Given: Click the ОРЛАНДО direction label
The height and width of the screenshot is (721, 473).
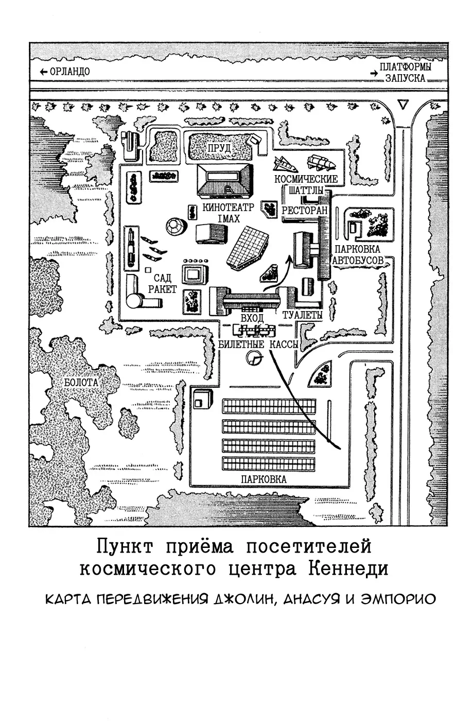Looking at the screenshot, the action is tap(70, 72).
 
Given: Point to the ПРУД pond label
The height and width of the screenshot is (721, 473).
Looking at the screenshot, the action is tap(219, 148).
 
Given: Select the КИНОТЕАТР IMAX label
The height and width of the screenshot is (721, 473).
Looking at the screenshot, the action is tap(228, 213).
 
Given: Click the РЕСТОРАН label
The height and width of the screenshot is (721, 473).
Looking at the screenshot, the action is tap(304, 211).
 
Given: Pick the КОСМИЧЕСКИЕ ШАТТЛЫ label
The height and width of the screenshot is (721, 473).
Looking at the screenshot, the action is tap(306, 184).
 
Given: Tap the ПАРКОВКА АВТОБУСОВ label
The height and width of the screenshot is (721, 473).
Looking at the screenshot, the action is tap(358, 254).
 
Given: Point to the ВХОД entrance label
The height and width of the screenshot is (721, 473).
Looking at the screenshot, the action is tap(252, 318).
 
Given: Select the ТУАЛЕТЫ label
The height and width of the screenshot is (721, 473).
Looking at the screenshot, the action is tap(302, 315).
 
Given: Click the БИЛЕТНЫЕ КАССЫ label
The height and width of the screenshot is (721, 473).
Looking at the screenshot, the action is tap(258, 344).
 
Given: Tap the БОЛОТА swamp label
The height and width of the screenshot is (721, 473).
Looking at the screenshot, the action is tap(81, 383).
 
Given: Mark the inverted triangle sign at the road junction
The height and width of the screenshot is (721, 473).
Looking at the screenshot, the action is tap(403, 104).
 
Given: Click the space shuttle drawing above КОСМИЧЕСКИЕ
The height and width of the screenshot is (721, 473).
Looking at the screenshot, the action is tap(286, 164).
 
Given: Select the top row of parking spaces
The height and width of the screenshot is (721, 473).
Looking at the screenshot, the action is tap(269, 406).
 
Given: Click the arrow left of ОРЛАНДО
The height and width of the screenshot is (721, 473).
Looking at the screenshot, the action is tap(44, 72).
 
